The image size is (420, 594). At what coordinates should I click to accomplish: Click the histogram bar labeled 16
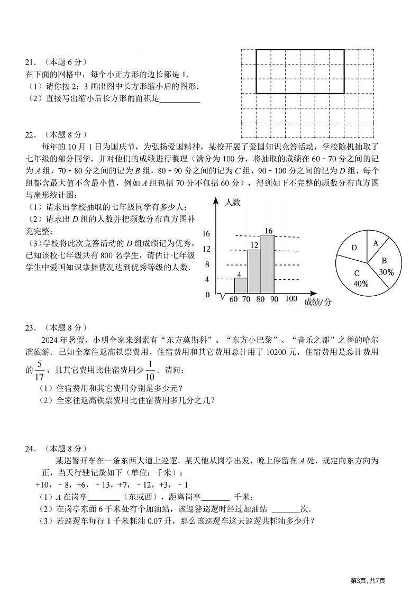tap(267, 263)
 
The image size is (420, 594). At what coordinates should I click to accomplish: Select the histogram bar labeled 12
tap(254, 271)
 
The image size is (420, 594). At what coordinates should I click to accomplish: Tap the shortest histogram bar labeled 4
tap(241, 285)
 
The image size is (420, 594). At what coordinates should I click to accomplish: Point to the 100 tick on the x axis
tap(291, 299)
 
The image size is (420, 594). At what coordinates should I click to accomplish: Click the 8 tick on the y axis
tap(207, 264)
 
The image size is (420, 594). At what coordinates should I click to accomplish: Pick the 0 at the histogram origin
tap(207, 295)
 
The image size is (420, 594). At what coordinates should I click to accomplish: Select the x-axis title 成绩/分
tap(318, 302)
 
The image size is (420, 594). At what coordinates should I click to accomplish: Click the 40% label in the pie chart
tap(361, 284)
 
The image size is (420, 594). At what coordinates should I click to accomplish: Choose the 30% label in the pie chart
tap(386, 272)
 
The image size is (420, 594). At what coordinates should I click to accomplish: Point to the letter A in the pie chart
tap(376, 243)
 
